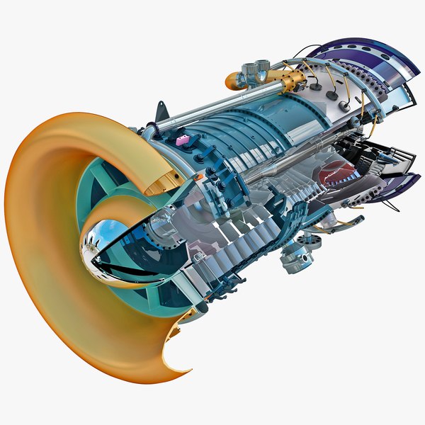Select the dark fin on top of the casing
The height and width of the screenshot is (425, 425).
(x=161, y=110)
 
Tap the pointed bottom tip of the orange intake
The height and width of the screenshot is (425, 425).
(x=186, y=369)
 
